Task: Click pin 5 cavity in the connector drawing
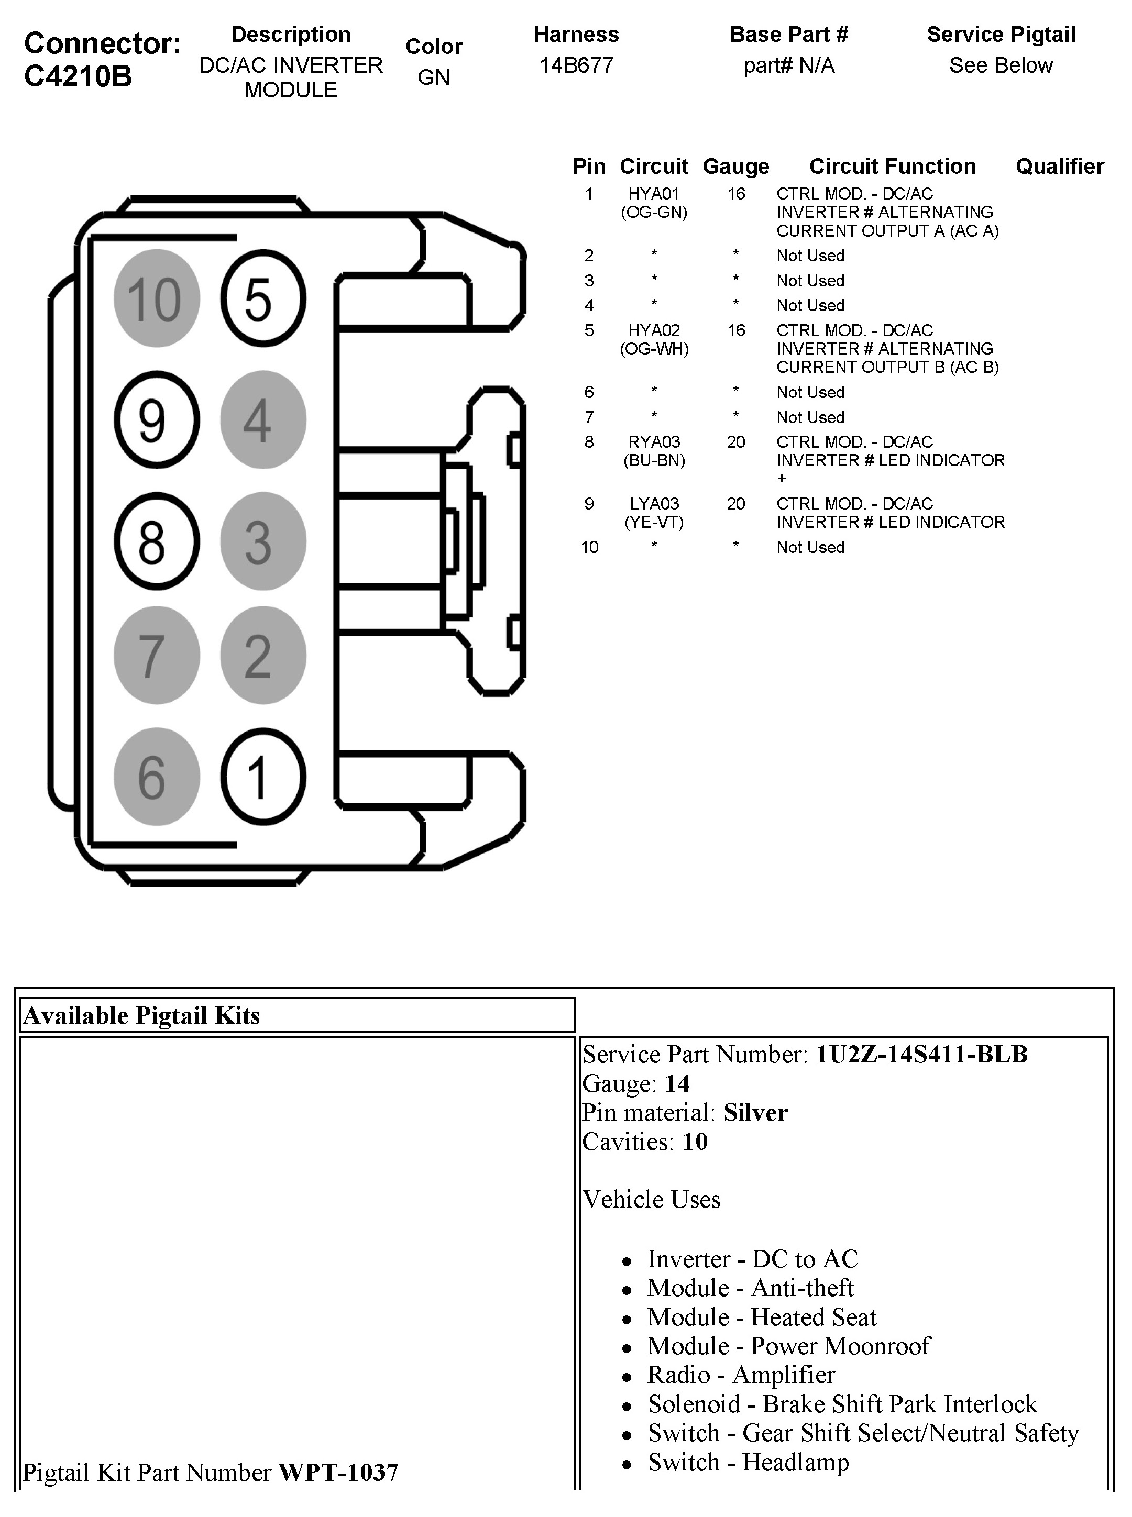263,298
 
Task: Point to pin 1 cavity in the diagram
263,777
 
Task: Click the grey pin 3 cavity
263,541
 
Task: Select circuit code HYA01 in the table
654,194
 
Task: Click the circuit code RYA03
654,442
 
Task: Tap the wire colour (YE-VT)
654,523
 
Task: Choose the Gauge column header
736,167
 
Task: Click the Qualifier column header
1059,167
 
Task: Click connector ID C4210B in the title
78,76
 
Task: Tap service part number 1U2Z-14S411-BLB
921,1054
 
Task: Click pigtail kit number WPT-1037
338,1472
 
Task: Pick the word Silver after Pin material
756,1112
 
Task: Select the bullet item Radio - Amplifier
741,1375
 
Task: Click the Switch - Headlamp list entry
748,1461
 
